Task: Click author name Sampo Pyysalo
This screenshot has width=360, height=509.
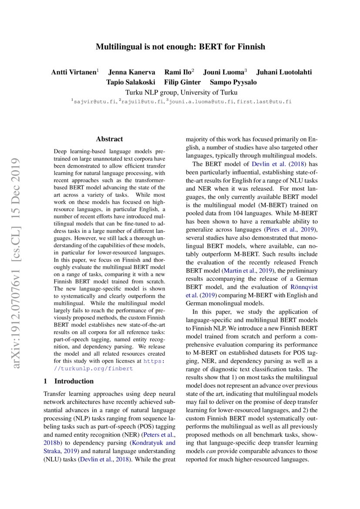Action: click(233, 82)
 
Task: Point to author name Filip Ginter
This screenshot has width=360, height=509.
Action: click(182, 82)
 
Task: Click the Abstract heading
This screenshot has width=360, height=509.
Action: click(109, 139)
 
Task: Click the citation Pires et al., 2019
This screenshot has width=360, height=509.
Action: click(292, 229)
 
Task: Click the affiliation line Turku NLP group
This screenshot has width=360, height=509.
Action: click(181, 92)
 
